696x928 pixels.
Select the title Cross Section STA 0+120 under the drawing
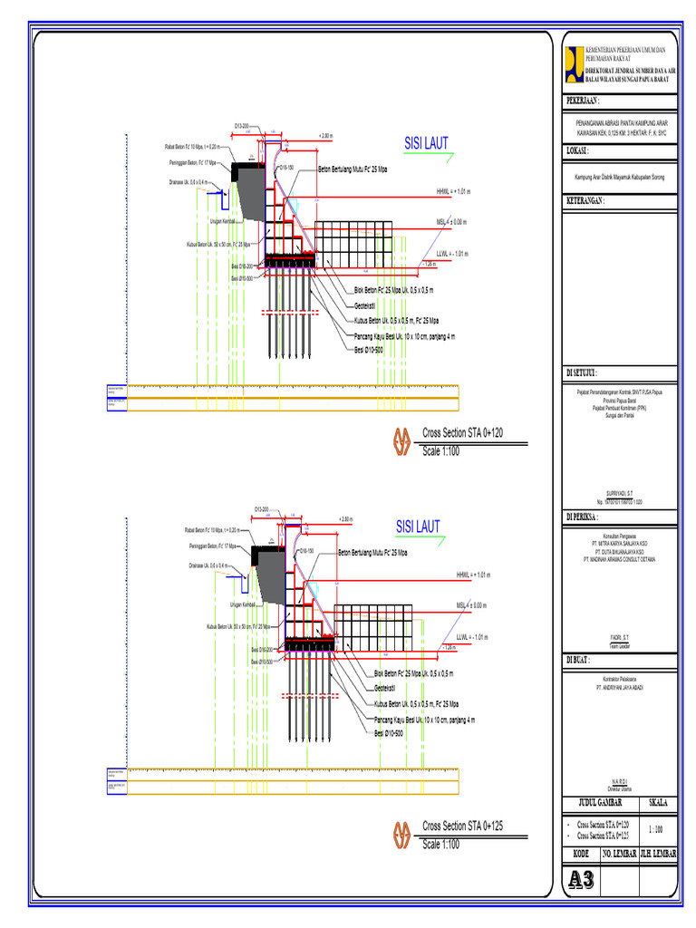(x=461, y=433)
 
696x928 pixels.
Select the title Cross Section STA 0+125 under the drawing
(x=461, y=826)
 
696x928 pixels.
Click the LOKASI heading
(x=578, y=150)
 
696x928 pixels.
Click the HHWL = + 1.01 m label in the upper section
(x=454, y=192)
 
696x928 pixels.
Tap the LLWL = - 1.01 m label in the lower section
(x=475, y=637)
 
